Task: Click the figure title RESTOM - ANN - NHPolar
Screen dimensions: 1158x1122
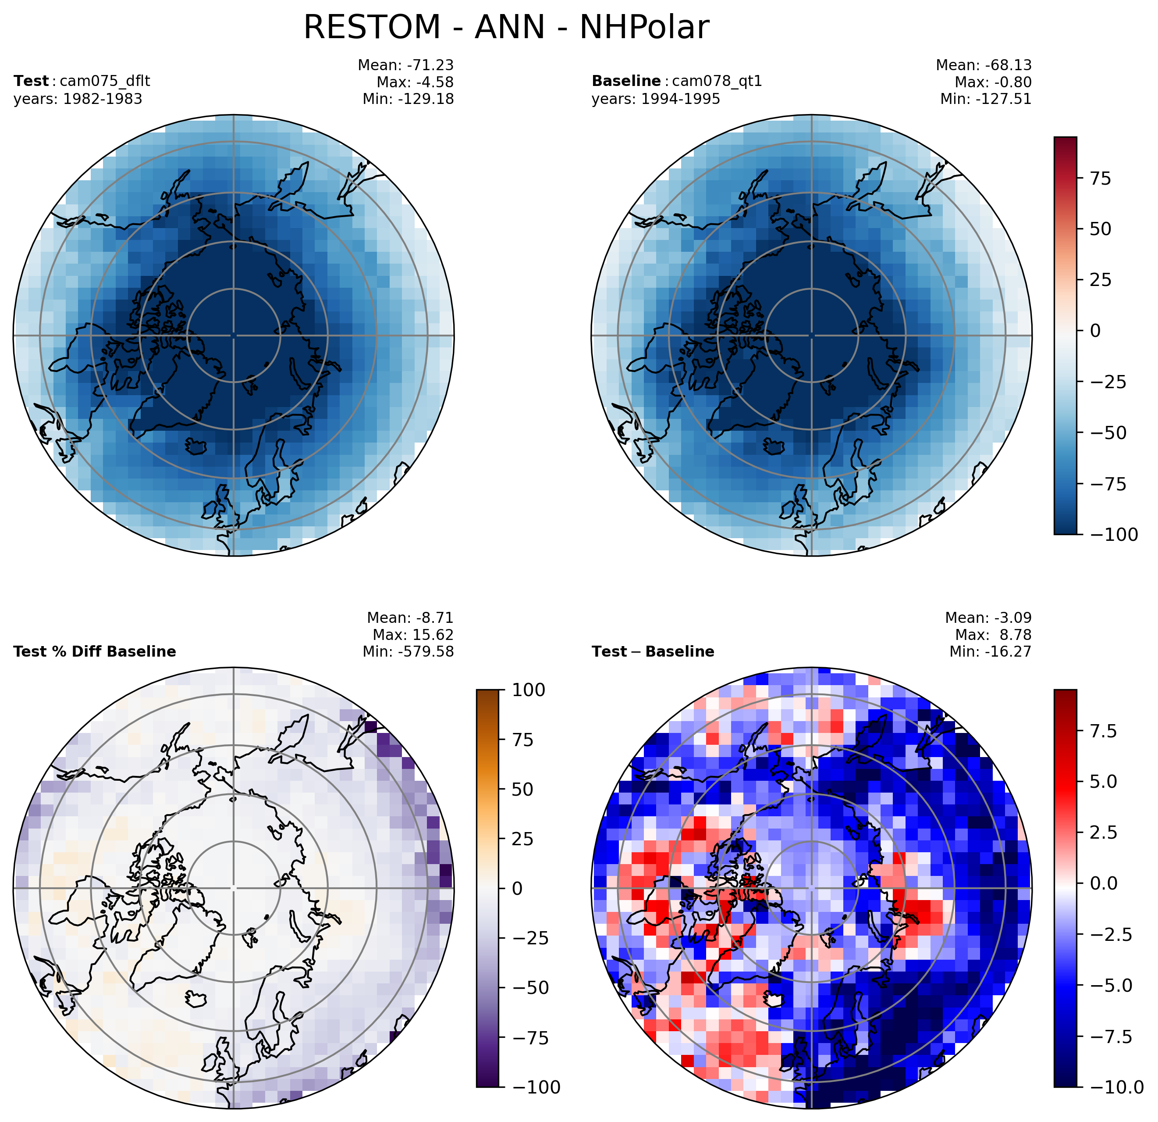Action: [x=506, y=27]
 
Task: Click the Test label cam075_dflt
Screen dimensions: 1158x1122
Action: [x=101, y=82]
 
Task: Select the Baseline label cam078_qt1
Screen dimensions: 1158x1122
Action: [x=717, y=82]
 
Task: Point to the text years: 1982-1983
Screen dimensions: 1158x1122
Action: [x=78, y=99]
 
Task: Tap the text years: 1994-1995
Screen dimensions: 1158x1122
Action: [x=656, y=99]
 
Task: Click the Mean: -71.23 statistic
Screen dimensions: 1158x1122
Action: [x=406, y=65]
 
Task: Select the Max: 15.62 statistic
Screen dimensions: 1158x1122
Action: [x=413, y=635]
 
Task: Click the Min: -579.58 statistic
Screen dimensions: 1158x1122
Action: [x=408, y=652]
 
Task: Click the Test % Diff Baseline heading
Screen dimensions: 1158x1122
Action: [x=95, y=652]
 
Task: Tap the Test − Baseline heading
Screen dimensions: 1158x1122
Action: [x=653, y=652]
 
